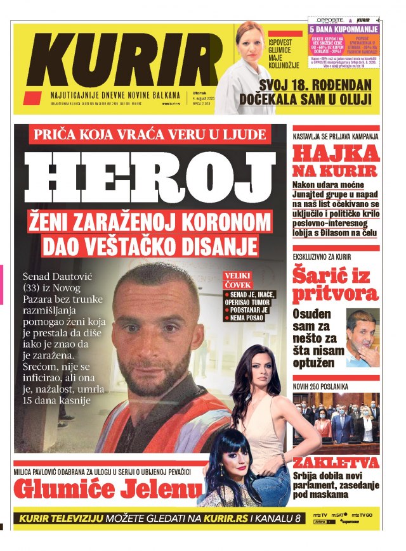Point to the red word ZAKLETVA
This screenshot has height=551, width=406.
(x=336, y=462)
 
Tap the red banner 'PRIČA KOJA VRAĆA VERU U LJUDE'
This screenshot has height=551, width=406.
(x=151, y=135)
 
